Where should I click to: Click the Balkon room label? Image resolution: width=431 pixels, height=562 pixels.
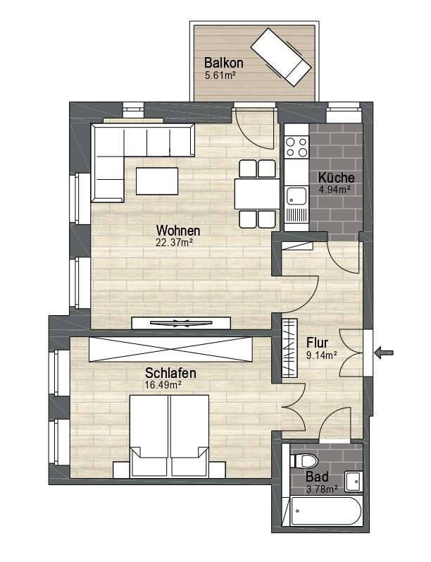click(x=224, y=63)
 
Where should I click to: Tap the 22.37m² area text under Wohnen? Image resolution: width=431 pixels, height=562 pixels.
click(x=175, y=243)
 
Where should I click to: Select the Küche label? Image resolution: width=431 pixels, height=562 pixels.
click(x=337, y=178)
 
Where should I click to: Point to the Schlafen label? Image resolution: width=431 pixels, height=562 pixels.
click(x=170, y=373)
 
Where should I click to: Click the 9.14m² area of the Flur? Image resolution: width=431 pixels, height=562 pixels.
click(x=321, y=355)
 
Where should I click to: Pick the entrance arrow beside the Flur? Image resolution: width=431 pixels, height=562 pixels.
click(x=384, y=353)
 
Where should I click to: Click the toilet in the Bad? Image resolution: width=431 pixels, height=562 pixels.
click(x=304, y=460)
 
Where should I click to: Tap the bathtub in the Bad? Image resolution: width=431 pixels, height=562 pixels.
click(x=326, y=511)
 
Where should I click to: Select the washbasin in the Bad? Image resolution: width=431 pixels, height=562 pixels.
click(x=354, y=482)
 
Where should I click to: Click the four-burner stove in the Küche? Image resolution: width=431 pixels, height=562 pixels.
click(x=296, y=147)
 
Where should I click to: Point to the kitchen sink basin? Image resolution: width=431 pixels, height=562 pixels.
click(x=296, y=196)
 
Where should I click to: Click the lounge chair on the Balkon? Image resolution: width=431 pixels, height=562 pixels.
click(x=281, y=57)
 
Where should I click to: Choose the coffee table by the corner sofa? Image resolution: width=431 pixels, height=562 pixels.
click(x=157, y=181)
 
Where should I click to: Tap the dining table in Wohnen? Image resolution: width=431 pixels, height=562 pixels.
click(x=257, y=194)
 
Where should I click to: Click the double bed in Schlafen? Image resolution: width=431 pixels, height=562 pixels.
click(x=169, y=436)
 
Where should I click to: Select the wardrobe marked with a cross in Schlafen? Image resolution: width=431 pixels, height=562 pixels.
click(x=170, y=349)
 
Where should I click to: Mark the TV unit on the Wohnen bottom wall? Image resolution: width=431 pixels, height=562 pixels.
click(x=181, y=322)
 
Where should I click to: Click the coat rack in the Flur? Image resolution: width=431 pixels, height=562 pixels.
click(x=289, y=348)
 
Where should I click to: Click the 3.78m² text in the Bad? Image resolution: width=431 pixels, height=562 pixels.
click(x=322, y=489)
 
